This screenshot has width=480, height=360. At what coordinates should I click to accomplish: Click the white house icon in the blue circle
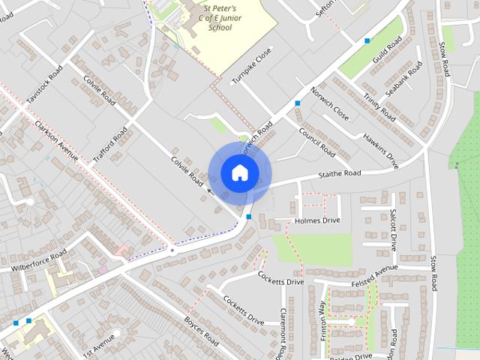[239, 172]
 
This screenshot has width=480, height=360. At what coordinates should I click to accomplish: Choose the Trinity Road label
[379, 107]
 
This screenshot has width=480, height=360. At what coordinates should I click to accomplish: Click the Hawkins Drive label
[380, 148]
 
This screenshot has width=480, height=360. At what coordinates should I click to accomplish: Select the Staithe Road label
[338, 174]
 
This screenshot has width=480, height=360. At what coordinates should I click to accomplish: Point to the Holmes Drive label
[317, 220]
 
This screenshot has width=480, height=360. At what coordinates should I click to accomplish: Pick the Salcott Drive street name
[392, 229]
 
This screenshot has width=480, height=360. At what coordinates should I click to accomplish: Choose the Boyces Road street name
[200, 331]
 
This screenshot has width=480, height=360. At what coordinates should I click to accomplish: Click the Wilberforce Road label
[38, 260]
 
